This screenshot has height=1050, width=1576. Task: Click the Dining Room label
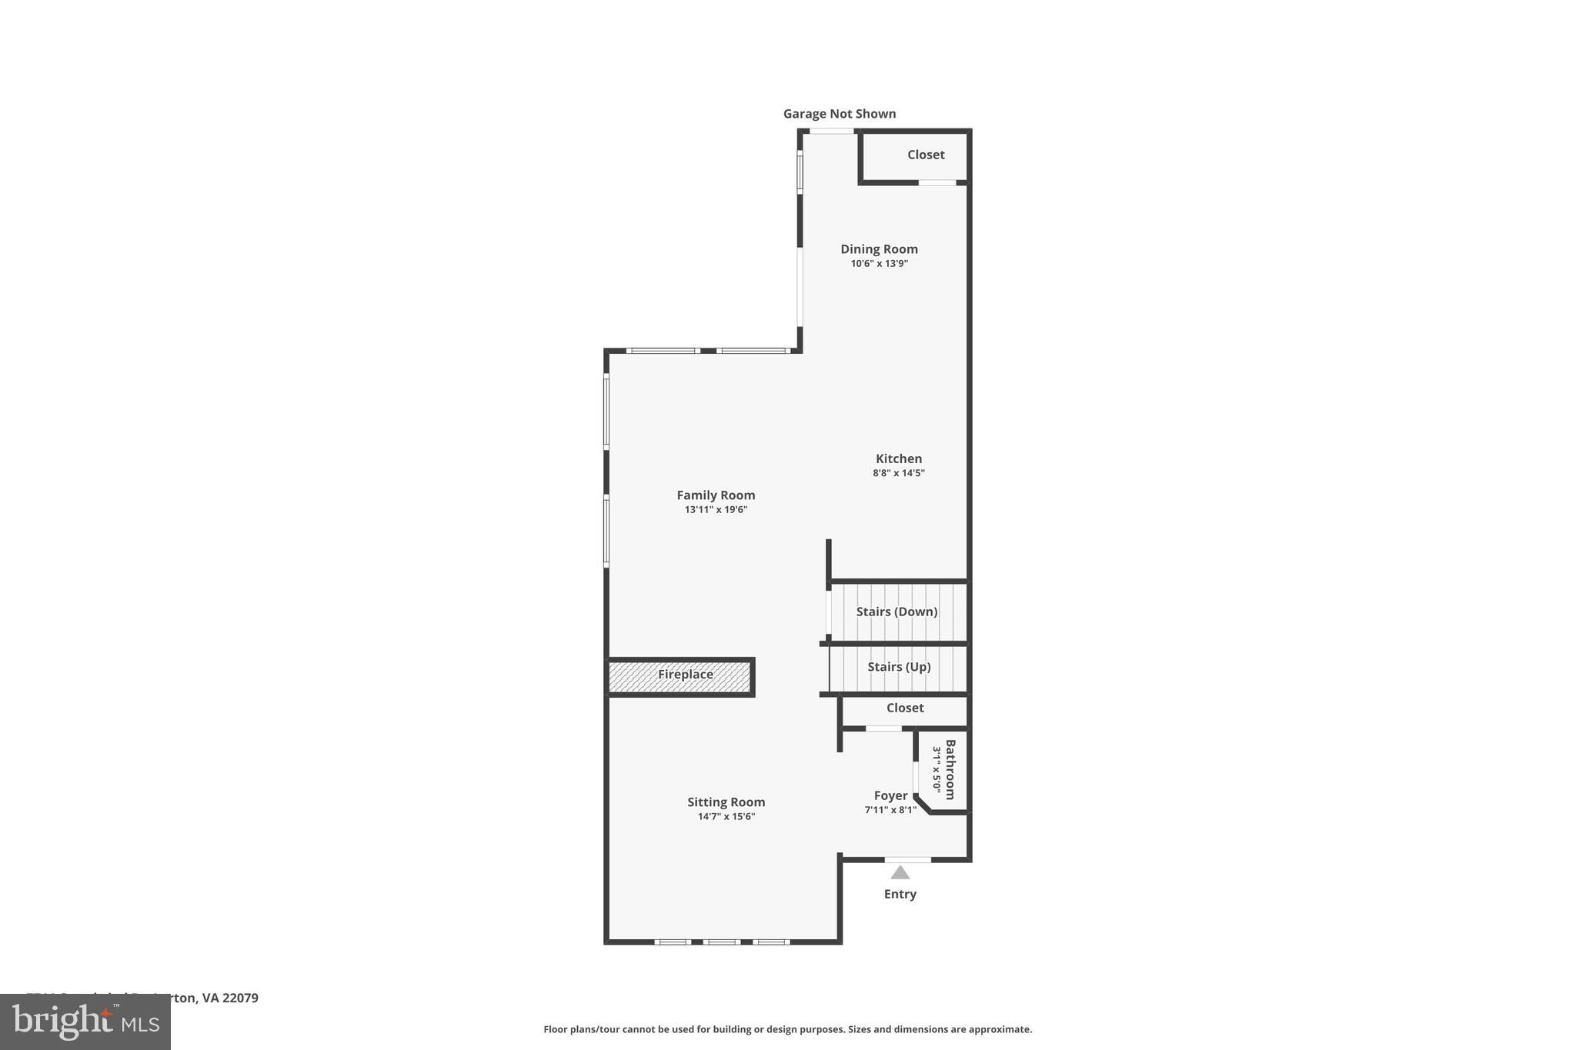879,249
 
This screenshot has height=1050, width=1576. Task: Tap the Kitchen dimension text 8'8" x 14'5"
898,473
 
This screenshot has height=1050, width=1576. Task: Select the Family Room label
716,495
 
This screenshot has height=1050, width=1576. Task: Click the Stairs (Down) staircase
897,612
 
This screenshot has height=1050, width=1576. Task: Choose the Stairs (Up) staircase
898,667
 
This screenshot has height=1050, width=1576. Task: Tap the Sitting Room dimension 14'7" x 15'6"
726,817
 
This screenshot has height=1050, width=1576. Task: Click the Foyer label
890,796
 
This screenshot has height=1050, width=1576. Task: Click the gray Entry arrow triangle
900,872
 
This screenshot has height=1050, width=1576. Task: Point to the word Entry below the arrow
900,894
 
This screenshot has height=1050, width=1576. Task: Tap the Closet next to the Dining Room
925,155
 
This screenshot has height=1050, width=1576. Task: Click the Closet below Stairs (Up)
905,708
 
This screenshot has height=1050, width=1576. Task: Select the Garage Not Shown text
840,114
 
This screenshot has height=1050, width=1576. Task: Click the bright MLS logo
85,1022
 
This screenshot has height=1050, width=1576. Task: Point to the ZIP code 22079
240,998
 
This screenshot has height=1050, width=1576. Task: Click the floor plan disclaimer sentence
787,1029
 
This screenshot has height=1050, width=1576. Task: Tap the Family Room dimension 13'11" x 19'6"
716,510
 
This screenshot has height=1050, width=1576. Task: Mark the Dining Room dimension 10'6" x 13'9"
879,264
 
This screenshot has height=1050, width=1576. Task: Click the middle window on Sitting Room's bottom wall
722,942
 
